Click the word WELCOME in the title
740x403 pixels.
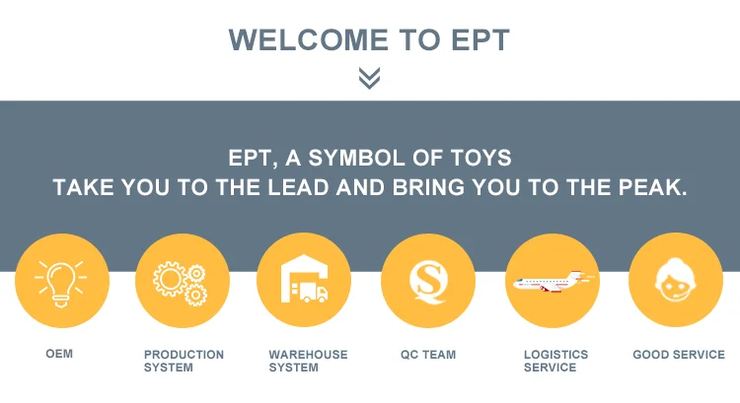click(309, 40)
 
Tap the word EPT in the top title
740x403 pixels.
click(481, 40)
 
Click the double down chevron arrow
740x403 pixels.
click(369, 78)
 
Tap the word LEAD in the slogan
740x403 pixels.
click(298, 187)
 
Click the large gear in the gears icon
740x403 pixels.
click(170, 279)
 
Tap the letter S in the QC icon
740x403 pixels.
click(428, 279)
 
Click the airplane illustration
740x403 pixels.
click(554, 282)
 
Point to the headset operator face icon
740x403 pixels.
click(675, 280)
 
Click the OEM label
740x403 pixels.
click(59, 354)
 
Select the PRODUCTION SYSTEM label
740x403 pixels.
click(185, 361)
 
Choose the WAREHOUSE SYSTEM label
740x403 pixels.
click(308, 361)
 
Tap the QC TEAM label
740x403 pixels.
click(428, 355)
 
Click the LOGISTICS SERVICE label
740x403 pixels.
click(555, 361)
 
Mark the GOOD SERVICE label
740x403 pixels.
click(679, 355)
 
